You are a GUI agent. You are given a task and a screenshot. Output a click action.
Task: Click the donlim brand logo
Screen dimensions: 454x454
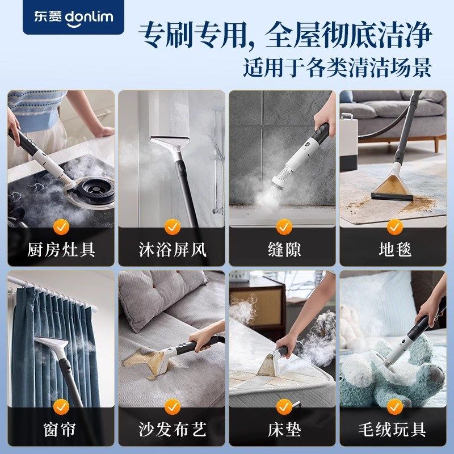pos(72,16)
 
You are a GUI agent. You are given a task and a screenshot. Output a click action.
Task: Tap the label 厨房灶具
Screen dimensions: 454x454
pos(61,249)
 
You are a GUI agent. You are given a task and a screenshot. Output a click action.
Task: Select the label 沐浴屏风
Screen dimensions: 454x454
pos(172,249)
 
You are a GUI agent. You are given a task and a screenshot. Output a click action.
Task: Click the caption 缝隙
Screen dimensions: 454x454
pos(283,249)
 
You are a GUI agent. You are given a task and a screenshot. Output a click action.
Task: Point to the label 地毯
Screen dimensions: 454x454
pos(394,249)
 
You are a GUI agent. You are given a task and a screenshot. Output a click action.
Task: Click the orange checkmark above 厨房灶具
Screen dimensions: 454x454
pos(61,227)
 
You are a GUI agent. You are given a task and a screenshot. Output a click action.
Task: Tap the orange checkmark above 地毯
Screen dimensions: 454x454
pos(394,227)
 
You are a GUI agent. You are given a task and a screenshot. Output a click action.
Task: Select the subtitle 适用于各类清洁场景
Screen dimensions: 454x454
pos(337,66)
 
